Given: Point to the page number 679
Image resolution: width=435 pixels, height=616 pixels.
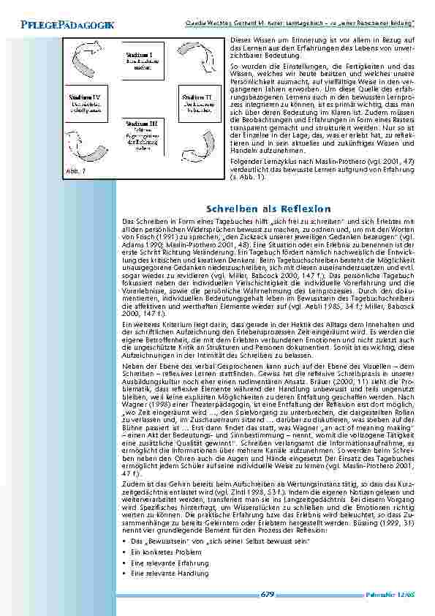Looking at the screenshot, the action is point(268,595).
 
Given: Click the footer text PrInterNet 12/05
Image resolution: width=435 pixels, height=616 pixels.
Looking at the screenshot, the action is point(391,596).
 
